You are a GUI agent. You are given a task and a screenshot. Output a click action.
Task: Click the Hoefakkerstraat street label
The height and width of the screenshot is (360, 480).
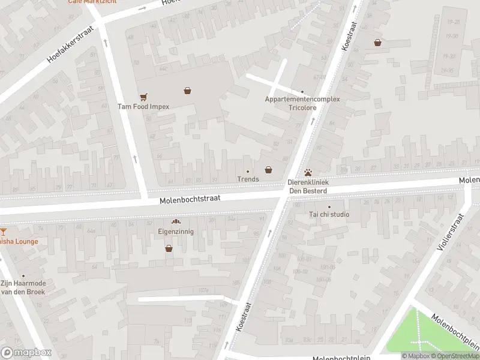(71, 45)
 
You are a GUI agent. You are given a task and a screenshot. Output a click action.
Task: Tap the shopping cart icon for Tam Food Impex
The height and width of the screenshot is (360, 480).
(143, 97)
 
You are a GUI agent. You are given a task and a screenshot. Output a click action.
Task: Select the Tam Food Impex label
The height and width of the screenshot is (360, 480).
(143, 107)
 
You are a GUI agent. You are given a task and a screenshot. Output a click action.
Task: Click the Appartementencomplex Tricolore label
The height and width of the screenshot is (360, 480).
(302, 103)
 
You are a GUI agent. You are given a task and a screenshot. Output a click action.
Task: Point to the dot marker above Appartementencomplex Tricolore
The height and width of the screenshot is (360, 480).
(302, 92)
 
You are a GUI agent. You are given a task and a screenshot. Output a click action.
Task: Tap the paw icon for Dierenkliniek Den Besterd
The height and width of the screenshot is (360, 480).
(308, 172)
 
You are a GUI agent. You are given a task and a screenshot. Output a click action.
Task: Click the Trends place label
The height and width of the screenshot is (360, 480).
(248, 179)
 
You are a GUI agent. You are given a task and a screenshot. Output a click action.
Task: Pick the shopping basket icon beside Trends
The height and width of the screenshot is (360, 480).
(268, 170)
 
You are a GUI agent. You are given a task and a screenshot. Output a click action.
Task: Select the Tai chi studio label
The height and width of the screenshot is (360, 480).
(329, 215)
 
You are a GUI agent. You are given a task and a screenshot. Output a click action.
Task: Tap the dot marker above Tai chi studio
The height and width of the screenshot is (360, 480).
(329, 207)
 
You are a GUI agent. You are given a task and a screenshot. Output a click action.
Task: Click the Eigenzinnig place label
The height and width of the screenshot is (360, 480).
(176, 232)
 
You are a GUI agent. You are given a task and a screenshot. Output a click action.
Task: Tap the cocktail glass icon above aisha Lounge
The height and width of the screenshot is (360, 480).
(2, 231)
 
